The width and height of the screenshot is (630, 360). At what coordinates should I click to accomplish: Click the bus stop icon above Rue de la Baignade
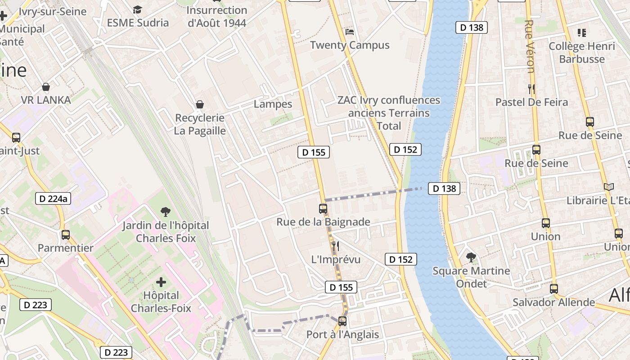pyautogui.click(x=323, y=209)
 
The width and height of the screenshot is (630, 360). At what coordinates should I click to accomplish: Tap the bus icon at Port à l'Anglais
pyautogui.click(x=342, y=321)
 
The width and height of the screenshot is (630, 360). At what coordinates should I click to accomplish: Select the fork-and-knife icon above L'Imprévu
pyautogui.click(x=335, y=246)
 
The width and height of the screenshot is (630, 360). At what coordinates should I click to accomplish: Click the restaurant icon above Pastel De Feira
pyautogui.click(x=531, y=89)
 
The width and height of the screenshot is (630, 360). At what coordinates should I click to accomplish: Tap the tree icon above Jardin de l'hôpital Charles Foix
pyautogui.click(x=166, y=211)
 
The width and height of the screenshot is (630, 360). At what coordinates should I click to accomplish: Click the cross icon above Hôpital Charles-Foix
pyautogui.click(x=161, y=283)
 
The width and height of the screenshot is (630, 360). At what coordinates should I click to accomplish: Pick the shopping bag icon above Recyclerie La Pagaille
pyautogui.click(x=200, y=105)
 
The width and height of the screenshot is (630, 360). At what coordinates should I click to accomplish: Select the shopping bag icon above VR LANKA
pyautogui.click(x=45, y=87)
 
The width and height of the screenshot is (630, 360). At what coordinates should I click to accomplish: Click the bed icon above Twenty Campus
pyautogui.click(x=350, y=32)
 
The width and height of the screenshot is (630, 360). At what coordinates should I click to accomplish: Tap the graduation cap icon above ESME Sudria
pyautogui.click(x=137, y=9)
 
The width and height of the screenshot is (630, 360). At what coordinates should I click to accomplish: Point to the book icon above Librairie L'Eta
pyautogui.click(x=608, y=187)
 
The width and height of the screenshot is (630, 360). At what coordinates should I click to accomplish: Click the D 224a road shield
pyautogui.click(x=53, y=198)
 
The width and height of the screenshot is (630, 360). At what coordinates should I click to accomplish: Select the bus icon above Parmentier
pyautogui.click(x=66, y=234)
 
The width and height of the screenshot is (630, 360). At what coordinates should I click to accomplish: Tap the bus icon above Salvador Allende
pyautogui.click(x=554, y=289)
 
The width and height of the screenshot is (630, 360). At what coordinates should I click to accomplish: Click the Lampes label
pyautogui.click(x=273, y=104)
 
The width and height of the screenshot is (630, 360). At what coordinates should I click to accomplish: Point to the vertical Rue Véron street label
pyautogui.click(x=530, y=46)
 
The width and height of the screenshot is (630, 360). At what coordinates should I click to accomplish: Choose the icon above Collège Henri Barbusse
pyautogui.click(x=582, y=33)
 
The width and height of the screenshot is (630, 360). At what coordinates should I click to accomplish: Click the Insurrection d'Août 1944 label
pyautogui.click(x=217, y=16)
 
